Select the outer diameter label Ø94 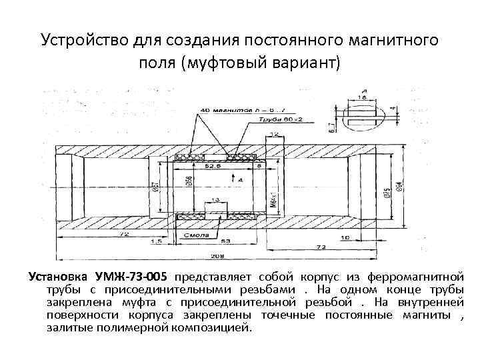click(399, 187)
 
